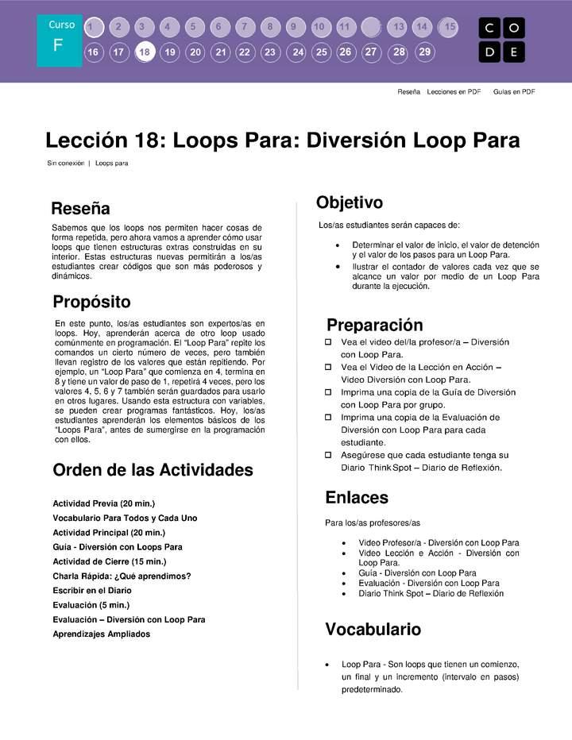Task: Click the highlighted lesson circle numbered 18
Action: tap(145, 53)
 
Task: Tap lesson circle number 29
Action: tap(425, 52)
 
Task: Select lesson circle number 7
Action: tap(245, 27)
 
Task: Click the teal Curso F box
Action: tap(59, 40)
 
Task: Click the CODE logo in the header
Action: tap(501, 40)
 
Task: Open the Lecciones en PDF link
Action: tap(454, 92)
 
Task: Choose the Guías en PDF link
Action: tap(513, 92)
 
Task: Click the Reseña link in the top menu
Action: tap(408, 92)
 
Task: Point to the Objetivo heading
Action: tap(350, 202)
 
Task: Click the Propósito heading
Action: tap(91, 302)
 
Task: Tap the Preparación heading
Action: tap(374, 326)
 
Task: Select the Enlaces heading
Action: tap(357, 498)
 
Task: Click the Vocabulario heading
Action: tap(373, 630)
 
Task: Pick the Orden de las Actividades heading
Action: tap(153, 470)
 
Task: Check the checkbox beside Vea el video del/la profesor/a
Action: tap(328, 342)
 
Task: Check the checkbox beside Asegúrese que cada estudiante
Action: tap(328, 455)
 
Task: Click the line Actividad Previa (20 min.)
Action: tap(103, 503)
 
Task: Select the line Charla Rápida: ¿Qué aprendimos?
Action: tap(122, 576)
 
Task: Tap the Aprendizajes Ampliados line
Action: tap(101, 634)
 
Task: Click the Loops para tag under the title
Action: tap(111, 164)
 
